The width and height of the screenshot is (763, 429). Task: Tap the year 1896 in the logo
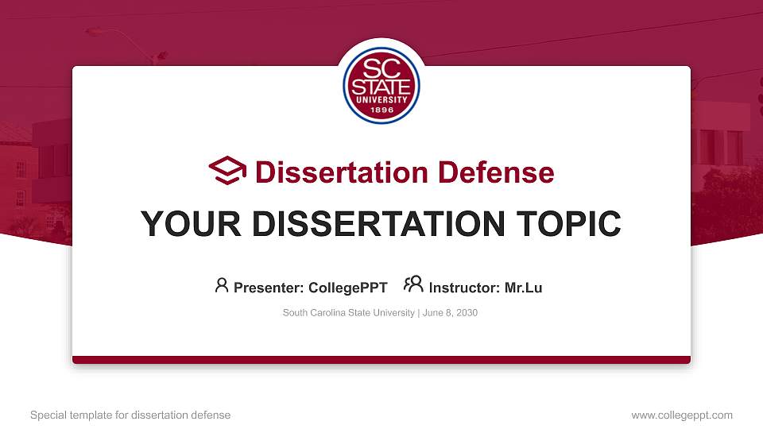pyautogui.click(x=381, y=110)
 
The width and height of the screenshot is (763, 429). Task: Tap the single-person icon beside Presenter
pyautogui.click(x=222, y=285)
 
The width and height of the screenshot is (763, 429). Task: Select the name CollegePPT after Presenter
pyautogui.click(x=347, y=288)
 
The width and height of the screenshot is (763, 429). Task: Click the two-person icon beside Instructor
pyautogui.click(x=414, y=284)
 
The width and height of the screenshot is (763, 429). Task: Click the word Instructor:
pyautogui.click(x=464, y=288)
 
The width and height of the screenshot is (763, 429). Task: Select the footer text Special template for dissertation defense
pyautogui.click(x=130, y=415)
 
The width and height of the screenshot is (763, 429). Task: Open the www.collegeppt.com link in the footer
pyautogui.click(x=682, y=415)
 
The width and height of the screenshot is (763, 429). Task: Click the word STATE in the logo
pyautogui.click(x=381, y=84)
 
